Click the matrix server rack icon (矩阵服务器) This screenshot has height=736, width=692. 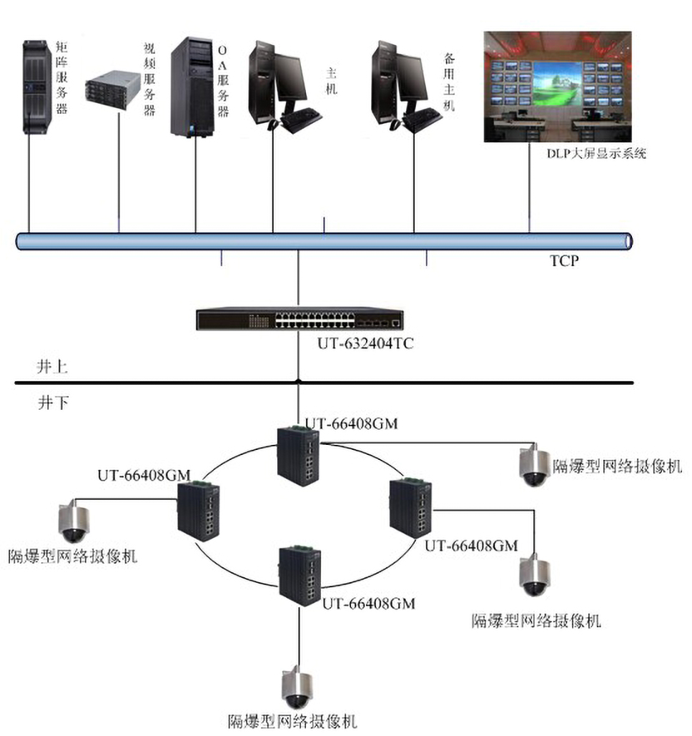pyautogui.click(x=37, y=87)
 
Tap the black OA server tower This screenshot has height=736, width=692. pyautogui.click(x=192, y=87)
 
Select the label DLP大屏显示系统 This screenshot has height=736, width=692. pyautogui.click(x=595, y=152)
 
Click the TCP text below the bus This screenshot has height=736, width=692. pyautogui.click(x=564, y=261)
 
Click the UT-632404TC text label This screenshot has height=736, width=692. pyautogui.click(x=365, y=344)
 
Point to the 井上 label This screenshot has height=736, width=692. pyautogui.click(x=53, y=368)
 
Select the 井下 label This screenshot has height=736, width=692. pyautogui.click(x=53, y=403)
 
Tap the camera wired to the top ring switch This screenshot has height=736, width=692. pyautogui.click(x=533, y=467)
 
